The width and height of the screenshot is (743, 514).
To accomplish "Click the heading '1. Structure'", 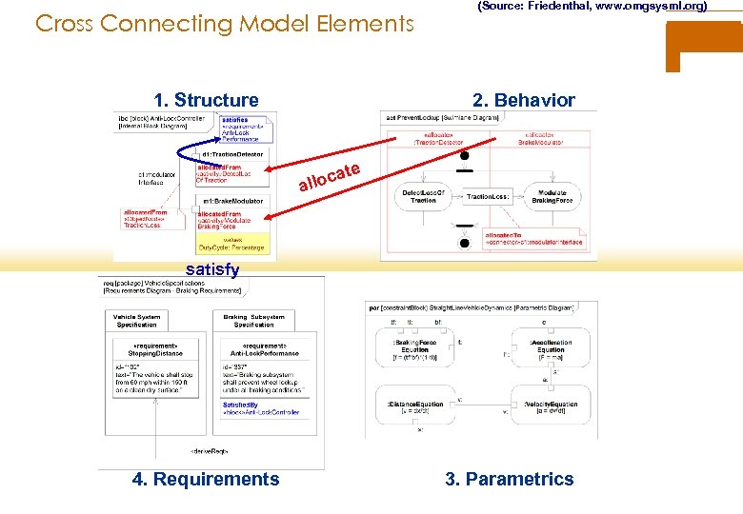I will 206,100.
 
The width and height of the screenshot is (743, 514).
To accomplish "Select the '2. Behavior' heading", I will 524,100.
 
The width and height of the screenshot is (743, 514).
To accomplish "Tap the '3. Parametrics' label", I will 510,479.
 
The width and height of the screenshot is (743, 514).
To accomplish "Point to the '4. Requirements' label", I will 206,479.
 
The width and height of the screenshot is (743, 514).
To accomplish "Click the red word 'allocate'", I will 330,175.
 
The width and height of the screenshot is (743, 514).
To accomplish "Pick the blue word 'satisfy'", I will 212,269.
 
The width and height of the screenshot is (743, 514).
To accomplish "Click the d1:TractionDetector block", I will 232,153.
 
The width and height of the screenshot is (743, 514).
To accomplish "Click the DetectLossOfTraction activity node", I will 425,197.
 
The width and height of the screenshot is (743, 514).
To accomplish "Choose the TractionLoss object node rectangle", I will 489,196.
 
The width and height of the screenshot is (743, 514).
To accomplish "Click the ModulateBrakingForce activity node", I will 552,197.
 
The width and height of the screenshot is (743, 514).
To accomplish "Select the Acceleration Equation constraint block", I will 551,348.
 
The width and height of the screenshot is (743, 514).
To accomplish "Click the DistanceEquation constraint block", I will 415,408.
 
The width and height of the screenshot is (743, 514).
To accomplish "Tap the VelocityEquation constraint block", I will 552,408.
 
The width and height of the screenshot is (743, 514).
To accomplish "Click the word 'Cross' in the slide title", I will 65,23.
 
